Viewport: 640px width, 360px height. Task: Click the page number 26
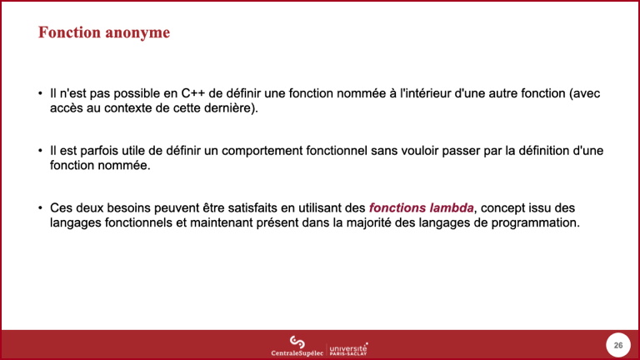pos(618,345)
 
